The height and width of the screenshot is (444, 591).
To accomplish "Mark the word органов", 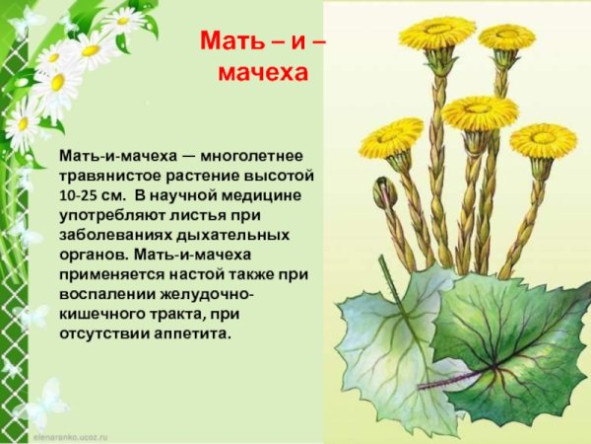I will pos(87,254).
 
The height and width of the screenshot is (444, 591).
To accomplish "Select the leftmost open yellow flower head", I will pos(391,138).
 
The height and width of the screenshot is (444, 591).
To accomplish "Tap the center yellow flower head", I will pos(480,111).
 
